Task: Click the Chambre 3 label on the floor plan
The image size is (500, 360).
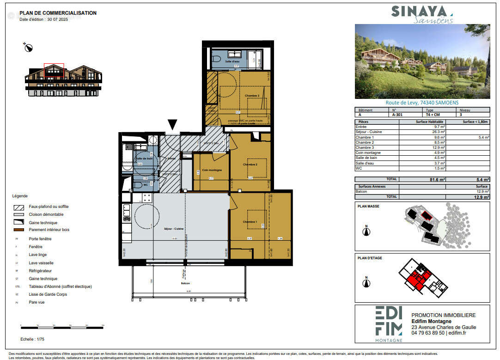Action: pos(251,96)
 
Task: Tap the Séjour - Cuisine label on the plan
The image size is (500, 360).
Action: pos(174,229)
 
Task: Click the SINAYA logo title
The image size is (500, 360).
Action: pos(421,12)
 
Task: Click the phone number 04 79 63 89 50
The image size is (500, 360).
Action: pos(428,333)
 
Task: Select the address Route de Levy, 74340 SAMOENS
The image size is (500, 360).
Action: pos(422,103)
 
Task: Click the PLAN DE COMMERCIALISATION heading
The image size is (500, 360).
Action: pos(58,13)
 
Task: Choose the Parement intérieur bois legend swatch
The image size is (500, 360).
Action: pos(19,230)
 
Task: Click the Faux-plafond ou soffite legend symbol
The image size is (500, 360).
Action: pos(19,207)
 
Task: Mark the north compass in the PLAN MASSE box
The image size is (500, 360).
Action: pos(366,232)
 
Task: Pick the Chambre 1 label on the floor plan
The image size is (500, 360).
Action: pos(250,222)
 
